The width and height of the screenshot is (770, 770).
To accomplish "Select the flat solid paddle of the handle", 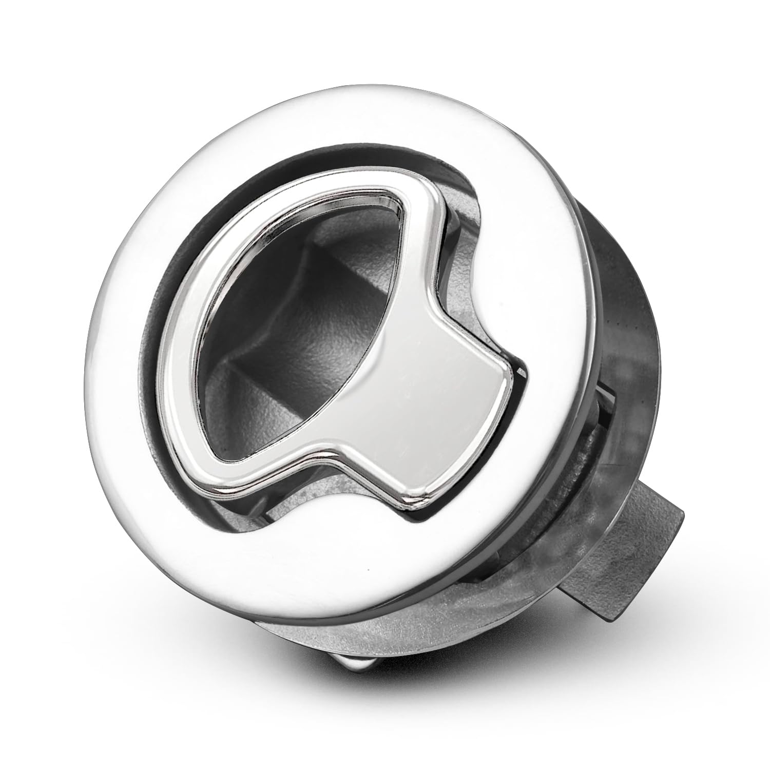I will (x=436, y=380).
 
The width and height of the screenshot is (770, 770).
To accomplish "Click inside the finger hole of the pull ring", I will (x=287, y=329).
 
